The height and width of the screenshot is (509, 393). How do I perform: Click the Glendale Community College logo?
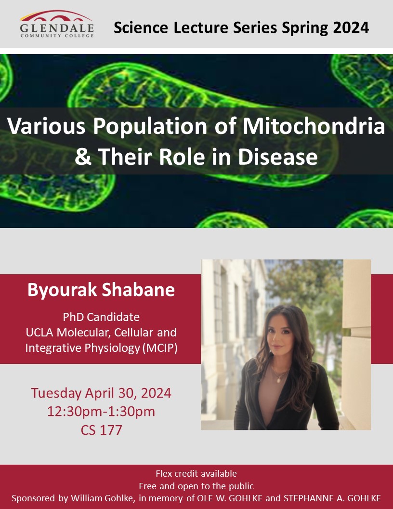pyautogui.click(x=57, y=24)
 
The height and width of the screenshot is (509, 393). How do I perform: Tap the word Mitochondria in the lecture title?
pyautogui.click(x=314, y=126)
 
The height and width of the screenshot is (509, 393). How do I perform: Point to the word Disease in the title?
pyautogui.click(x=278, y=157)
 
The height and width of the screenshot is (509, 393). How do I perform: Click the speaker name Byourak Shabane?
pyautogui.click(x=101, y=290)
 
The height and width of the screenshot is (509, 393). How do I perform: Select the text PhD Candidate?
pyautogui.click(x=101, y=317)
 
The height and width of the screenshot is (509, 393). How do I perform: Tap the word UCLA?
pyautogui.click(x=39, y=333)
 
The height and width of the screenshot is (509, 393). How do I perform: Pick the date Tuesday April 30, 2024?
pyautogui.click(x=101, y=393)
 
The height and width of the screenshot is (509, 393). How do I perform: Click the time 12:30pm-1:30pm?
pyautogui.click(x=101, y=412)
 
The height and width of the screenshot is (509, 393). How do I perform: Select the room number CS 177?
pyautogui.click(x=101, y=430)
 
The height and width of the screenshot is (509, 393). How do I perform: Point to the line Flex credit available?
pyautogui.click(x=196, y=474)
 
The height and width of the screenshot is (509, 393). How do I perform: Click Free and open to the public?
pyautogui.click(x=196, y=486)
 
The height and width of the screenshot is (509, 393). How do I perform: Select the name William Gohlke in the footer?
pyautogui.click(x=103, y=498)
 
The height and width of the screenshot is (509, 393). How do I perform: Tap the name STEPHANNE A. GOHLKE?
pyautogui.click(x=332, y=498)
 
